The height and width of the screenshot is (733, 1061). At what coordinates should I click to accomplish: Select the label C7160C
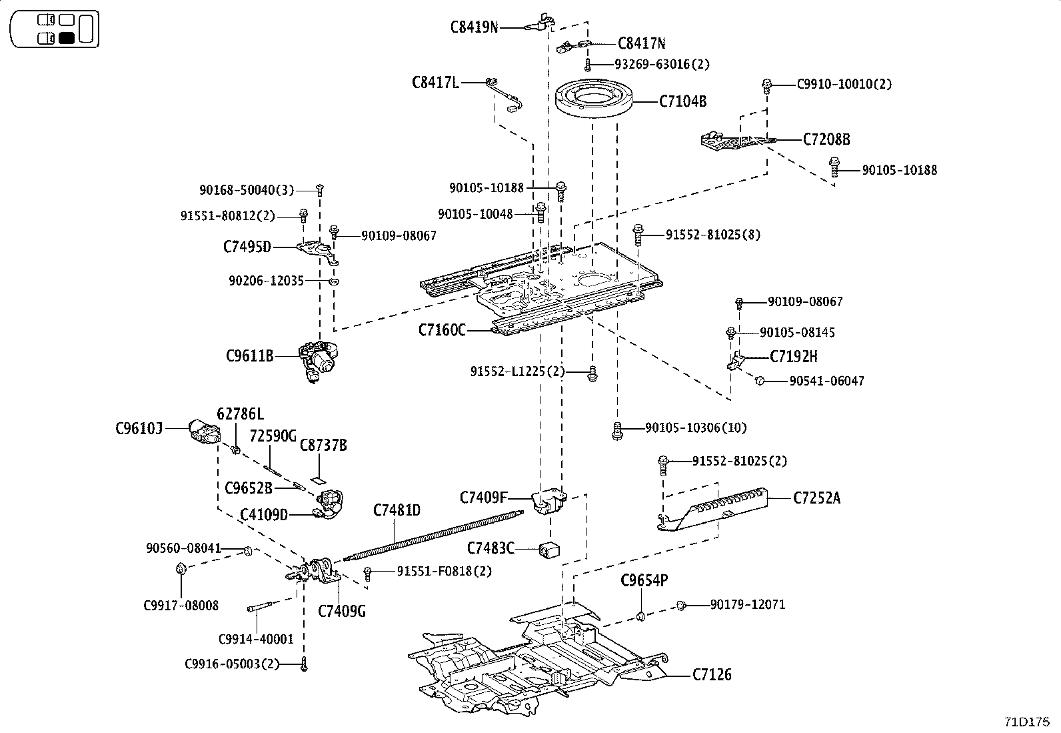[x=441, y=329]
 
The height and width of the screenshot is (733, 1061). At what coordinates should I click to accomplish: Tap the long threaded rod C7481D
[x=433, y=534]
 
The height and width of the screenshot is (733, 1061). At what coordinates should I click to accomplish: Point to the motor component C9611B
[x=319, y=359]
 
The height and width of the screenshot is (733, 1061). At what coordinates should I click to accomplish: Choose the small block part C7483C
[x=548, y=550]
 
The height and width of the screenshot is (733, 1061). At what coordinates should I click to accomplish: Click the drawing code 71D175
[x=1027, y=722]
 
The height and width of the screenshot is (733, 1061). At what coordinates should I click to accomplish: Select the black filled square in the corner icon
[x=66, y=38]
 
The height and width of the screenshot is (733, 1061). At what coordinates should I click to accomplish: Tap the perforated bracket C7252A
[x=713, y=510]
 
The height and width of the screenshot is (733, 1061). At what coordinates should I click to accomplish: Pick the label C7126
[x=711, y=674]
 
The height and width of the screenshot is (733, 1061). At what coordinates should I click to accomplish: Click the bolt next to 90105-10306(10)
[x=617, y=430]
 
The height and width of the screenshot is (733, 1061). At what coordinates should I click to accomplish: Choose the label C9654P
[x=644, y=580]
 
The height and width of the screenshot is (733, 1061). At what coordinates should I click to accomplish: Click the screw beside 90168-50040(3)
[x=320, y=189]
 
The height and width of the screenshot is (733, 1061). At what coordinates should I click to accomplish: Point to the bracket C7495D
[x=316, y=249]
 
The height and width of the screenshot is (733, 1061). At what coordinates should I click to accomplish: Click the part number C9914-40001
[x=256, y=639]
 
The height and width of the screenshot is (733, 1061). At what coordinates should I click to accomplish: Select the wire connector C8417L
[x=507, y=91]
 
